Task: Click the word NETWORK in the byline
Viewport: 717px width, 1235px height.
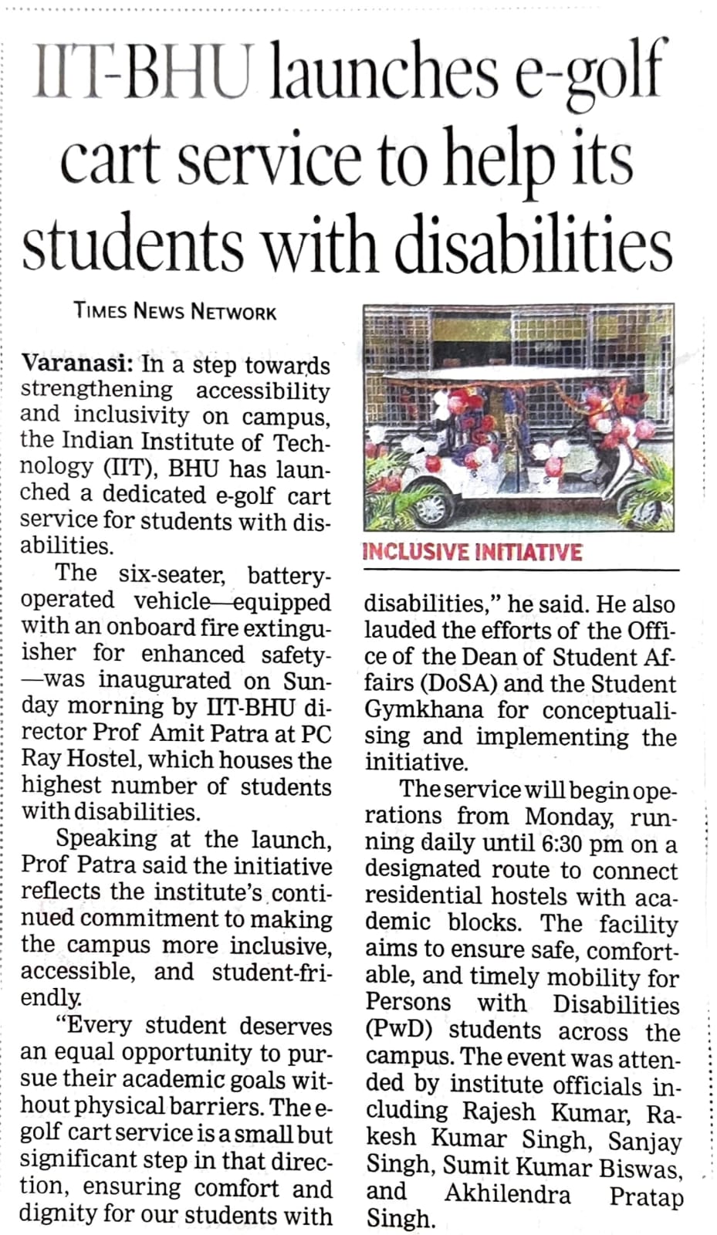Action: (233, 312)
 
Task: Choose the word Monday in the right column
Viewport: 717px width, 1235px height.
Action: (568, 817)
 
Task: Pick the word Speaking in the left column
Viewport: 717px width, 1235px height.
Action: (107, 839)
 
